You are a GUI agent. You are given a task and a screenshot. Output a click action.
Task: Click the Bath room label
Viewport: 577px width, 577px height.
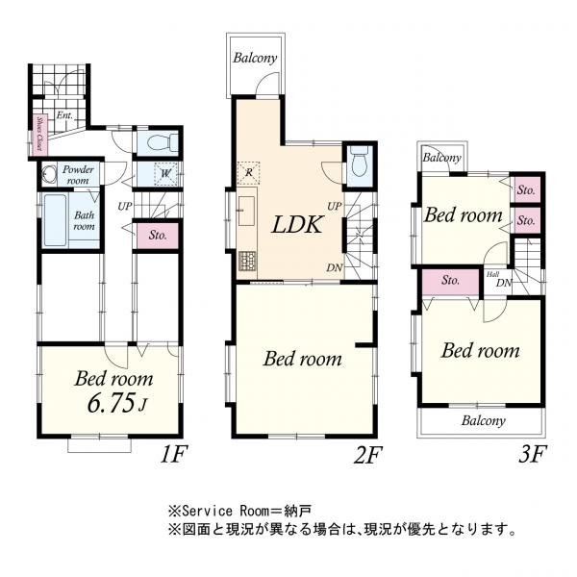point(85,220)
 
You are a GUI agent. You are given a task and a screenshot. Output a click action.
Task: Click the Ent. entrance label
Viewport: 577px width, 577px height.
point(64,116)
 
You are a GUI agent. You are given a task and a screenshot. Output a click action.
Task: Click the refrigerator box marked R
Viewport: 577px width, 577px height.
point(248,172)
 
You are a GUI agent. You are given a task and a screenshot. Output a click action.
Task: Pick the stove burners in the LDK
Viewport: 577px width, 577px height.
point(247,260)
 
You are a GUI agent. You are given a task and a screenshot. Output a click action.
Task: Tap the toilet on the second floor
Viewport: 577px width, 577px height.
point(360,163)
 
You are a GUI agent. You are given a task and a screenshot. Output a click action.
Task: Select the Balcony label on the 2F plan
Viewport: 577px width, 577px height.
point(255,58)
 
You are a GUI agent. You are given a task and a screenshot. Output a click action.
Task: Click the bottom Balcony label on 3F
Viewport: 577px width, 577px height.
point(482,420)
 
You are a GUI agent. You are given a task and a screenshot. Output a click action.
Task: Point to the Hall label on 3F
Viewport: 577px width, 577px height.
point(492,274)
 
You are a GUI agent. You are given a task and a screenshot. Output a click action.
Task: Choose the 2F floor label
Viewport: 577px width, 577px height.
point(367,453)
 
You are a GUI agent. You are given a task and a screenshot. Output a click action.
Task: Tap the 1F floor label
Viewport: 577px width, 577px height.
point(171,453)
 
